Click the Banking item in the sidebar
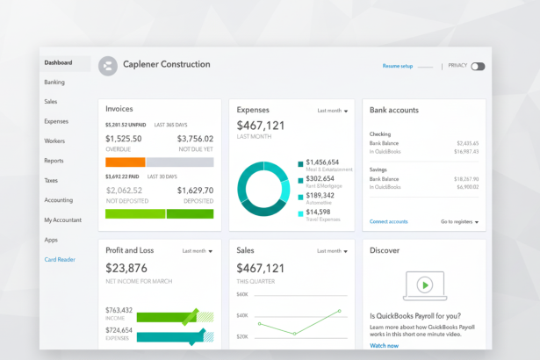[54, 83]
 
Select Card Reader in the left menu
[60, 259]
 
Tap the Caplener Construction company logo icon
[108, 65]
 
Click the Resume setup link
[398, 66]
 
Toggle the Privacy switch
[478, 66]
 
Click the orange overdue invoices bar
[125, 162]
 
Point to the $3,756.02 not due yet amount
[195, 139]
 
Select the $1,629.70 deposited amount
[195, 191]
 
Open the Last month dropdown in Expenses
[333, 112]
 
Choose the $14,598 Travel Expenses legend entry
[320, 212]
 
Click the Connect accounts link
[388, 222]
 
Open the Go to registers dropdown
[459, 222]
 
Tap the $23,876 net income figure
[126, 269]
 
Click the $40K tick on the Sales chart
[242, 316]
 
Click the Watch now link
[384, 346]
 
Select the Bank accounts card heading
[394, 111]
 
